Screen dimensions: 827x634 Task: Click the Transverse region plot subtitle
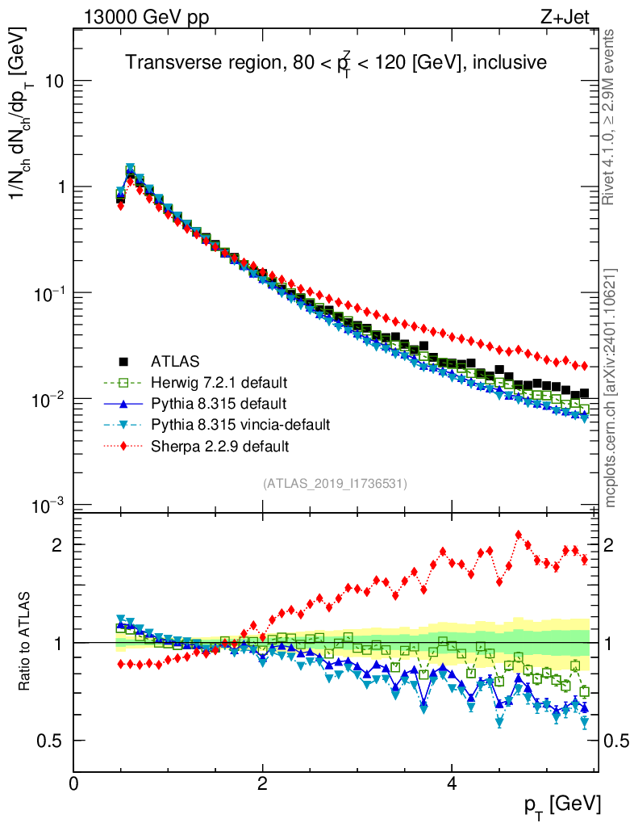(x=336, y=63)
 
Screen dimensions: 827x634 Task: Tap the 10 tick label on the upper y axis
(x=53, y=82)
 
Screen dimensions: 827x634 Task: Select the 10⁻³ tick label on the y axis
(x=46, y=506)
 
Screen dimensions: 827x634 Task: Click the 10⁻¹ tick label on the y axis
(x=46, y=293)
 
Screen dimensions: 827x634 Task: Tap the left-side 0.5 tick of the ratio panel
(x=54, y=741)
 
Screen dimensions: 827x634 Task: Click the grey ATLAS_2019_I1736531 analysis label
(x=335, y=484)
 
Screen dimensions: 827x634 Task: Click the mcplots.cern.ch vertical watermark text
(x=611, y=388)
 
